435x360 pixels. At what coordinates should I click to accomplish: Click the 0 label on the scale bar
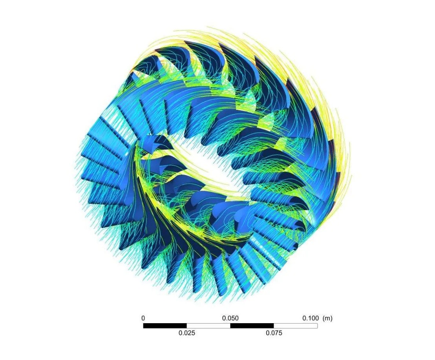(x=143, y=318)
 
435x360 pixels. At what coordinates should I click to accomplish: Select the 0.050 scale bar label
(x=230, y=318)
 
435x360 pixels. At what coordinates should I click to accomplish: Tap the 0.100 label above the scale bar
(x=311, y=318)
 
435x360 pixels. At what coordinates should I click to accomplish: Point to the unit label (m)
(x=327, y=318)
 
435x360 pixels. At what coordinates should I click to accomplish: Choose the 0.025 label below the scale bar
(x=187, y=333)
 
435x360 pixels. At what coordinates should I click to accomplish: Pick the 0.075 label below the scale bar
(x=274, y=333)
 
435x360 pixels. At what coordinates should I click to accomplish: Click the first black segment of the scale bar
(x=165, y=325)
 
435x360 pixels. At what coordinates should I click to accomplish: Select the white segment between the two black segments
(x=208, y=325)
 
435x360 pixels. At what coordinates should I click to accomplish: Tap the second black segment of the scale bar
(x=252, y=325)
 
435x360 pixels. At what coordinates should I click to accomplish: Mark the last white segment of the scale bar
(x=296, y=325)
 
